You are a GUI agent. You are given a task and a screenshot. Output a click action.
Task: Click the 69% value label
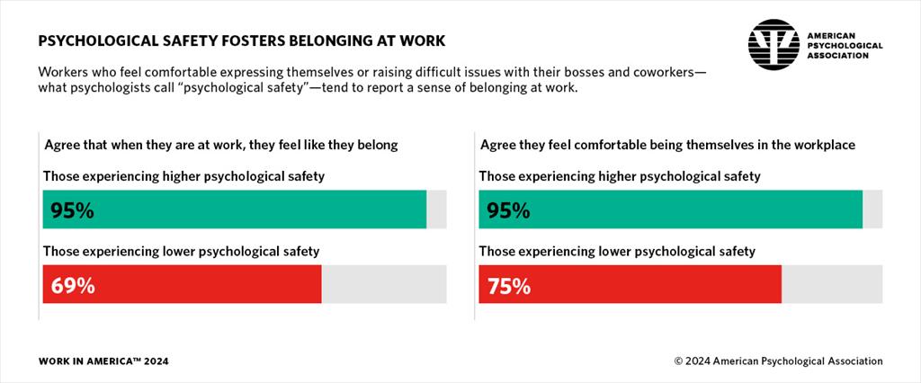click(73, 286)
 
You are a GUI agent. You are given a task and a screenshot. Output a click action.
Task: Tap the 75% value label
click(509, 286)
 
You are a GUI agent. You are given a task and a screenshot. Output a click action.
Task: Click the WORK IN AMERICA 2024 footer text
click(103, 361)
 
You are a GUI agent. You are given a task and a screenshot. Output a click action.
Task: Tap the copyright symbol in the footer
click(679, 361)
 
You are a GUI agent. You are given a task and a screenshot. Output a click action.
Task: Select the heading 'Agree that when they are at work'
click(220, 144)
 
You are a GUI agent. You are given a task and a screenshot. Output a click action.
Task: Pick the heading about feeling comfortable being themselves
click(667, 144)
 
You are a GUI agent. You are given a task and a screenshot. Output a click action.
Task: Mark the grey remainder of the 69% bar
click(384, 284)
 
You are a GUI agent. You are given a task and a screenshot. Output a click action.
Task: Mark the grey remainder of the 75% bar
click(832, 284)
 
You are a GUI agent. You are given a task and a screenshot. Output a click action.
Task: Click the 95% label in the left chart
click(73, 211)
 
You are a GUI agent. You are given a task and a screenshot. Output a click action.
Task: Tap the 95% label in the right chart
click(509, 211)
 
